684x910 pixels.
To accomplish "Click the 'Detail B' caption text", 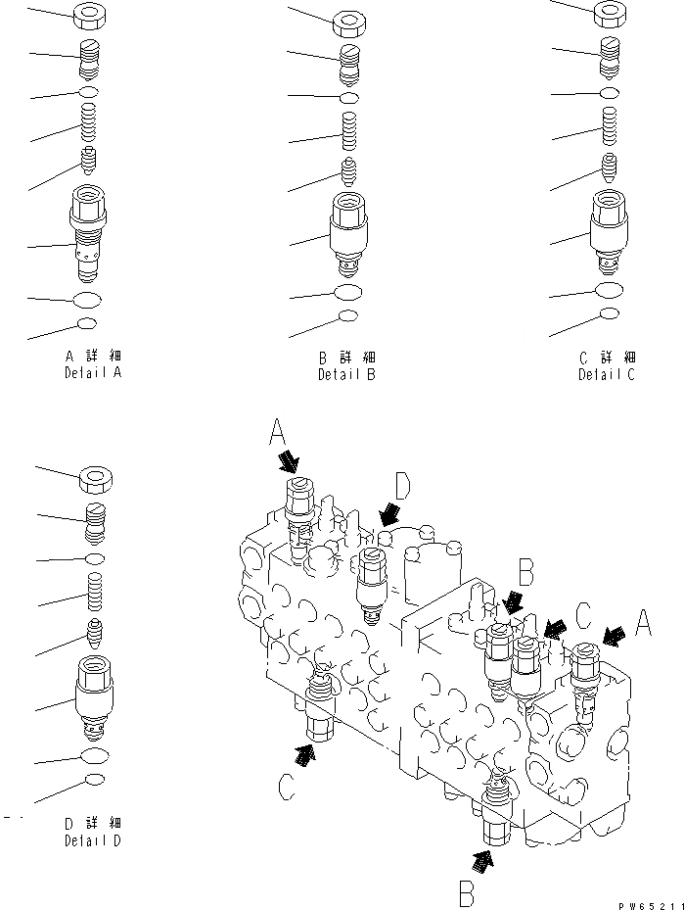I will click(346, 375).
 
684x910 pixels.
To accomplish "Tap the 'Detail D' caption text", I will click(93, 840).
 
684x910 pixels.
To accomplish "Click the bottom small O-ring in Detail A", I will click(86, 324).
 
